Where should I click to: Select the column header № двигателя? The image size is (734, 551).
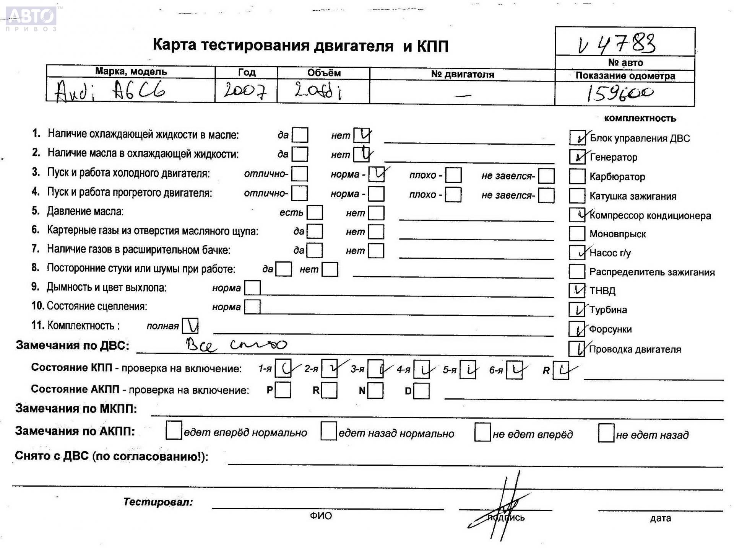[x=462, y=74]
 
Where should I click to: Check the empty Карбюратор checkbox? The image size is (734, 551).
[x=577, y=176]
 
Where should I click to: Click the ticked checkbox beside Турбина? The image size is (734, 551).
[x=577, y=310]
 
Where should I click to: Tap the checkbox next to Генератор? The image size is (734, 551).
[x=577, y=157]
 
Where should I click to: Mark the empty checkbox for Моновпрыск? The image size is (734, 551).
[x=577, y=234]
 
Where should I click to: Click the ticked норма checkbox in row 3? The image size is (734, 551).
[x=377, y=174]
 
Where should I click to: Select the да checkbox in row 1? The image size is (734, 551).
[x=300, y=135]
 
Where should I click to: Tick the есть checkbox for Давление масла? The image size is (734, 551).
[x=315, y=213]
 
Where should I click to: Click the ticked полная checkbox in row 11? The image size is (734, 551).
[x=190, y=326]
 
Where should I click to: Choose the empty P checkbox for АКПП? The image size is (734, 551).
[x=283, y=391]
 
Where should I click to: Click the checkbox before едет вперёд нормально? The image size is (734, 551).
[x=174, y=431]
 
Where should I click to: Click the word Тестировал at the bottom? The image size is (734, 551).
[x=158, y=502]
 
